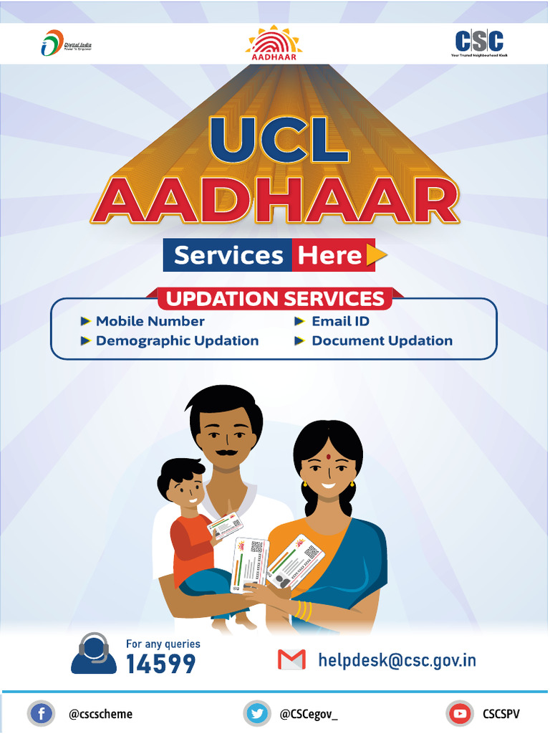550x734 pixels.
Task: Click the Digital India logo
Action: pos(66,44)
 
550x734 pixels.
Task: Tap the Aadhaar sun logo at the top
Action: pos(274,44)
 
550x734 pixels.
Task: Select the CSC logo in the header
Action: pos(479,42)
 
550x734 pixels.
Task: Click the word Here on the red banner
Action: pos(329,256)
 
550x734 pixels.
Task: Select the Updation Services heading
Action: pos(275,298)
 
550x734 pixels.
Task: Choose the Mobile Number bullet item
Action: pos(150,322)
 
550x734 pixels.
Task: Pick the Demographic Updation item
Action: pos(177,341)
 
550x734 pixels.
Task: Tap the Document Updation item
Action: pos(382,341)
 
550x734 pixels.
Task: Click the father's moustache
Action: pos(226,454)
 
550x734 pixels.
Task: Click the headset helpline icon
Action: pos(93,653)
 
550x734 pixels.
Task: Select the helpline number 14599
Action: pos(160,664)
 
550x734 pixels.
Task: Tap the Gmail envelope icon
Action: pos(291,659)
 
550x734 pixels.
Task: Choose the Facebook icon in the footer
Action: pos(41,714)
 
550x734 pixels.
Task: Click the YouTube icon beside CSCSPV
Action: pos(459,714)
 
